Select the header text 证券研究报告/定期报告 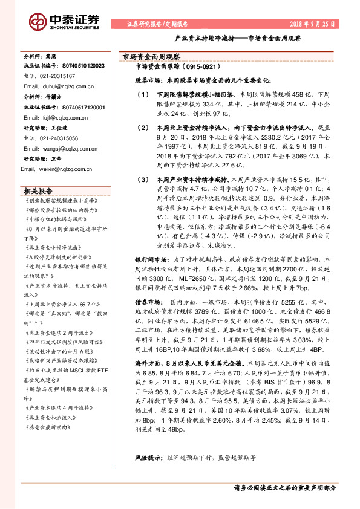[157, 25]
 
